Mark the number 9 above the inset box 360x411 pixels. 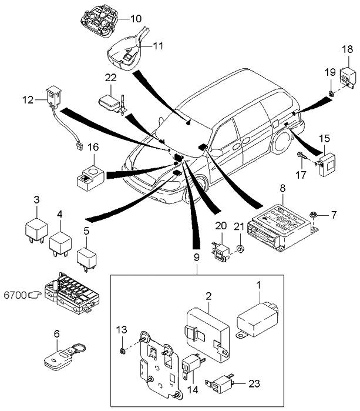pos(196,257)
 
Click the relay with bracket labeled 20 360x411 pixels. pos(221,250)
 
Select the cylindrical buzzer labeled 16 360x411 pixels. pos(89,178)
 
